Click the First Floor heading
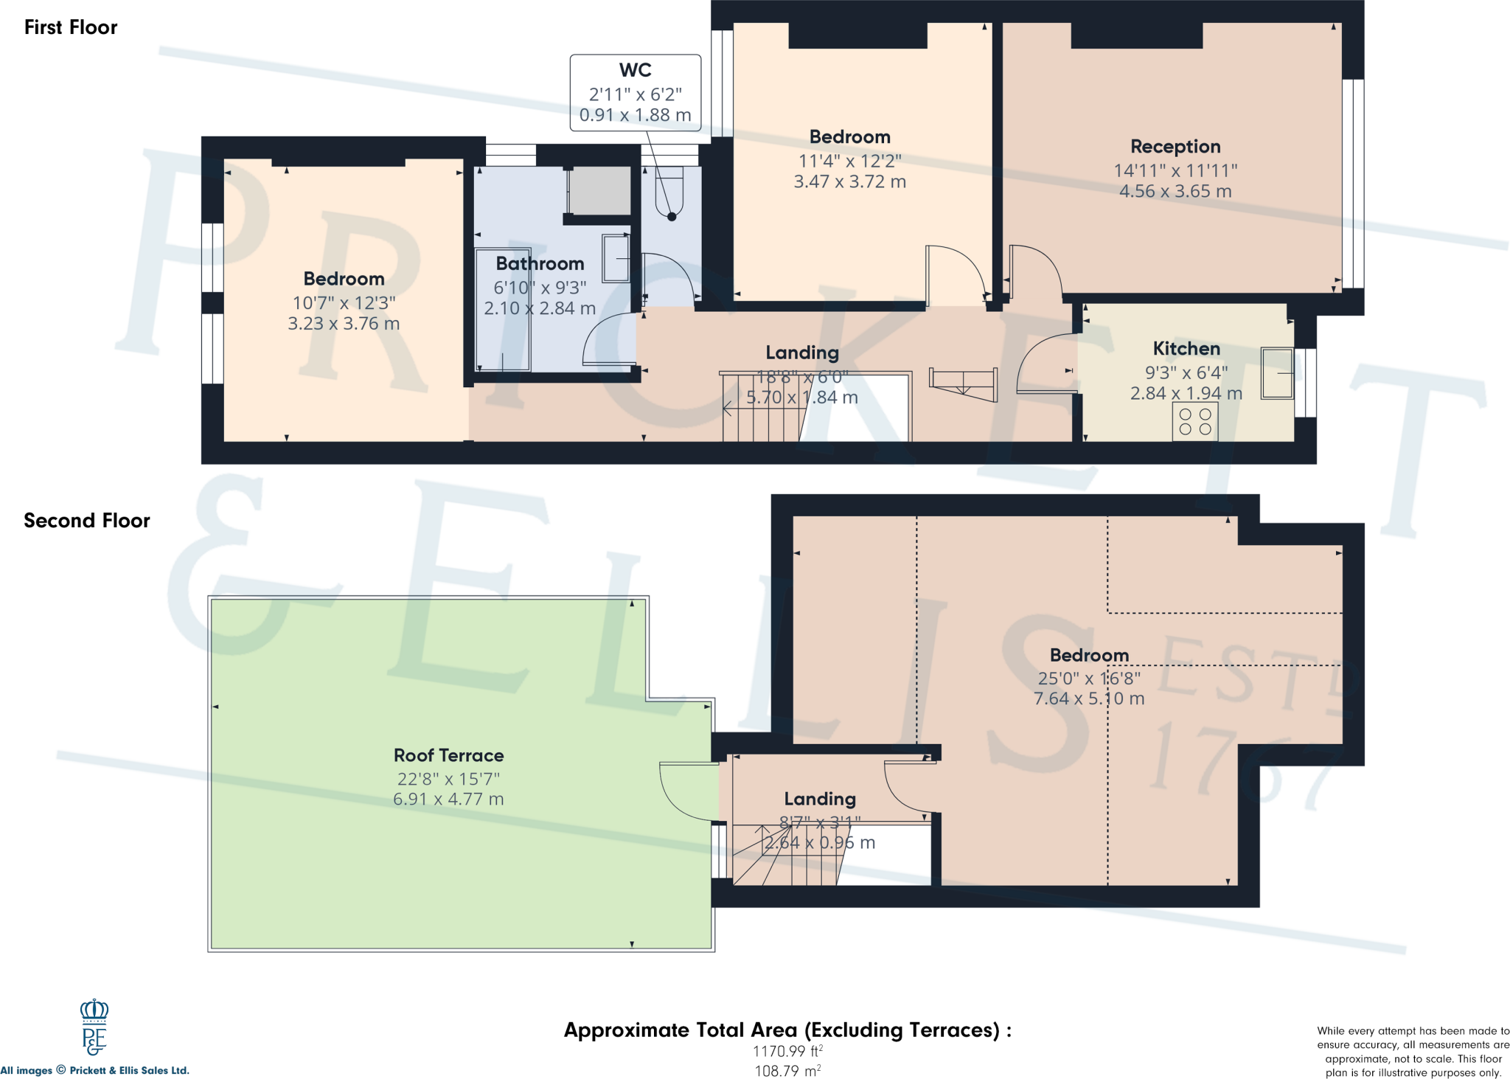[x=71, y=27]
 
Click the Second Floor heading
[x=87, y=521]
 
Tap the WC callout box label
[x=635, y=70]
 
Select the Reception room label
[x=1175, y=147]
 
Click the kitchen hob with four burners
[x=1194, y=422]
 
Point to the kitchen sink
[x=1277, y=373]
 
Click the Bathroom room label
[x=540, y=264]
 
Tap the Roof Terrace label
[x=448, y=755]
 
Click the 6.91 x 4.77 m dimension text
[x=448, y=799]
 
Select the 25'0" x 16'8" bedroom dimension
[x=1089, y=679]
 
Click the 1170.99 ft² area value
[x=787, y=1052]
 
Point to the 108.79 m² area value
[x=787, y=1071]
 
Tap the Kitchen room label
[x=1186, y=349]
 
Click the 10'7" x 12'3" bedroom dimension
[x=344, y=303]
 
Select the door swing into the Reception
[x=1036, y=269]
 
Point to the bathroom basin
[x=616, y=258]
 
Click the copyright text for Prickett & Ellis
[x=95, y=1071]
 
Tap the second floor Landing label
[x=820, y=799]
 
